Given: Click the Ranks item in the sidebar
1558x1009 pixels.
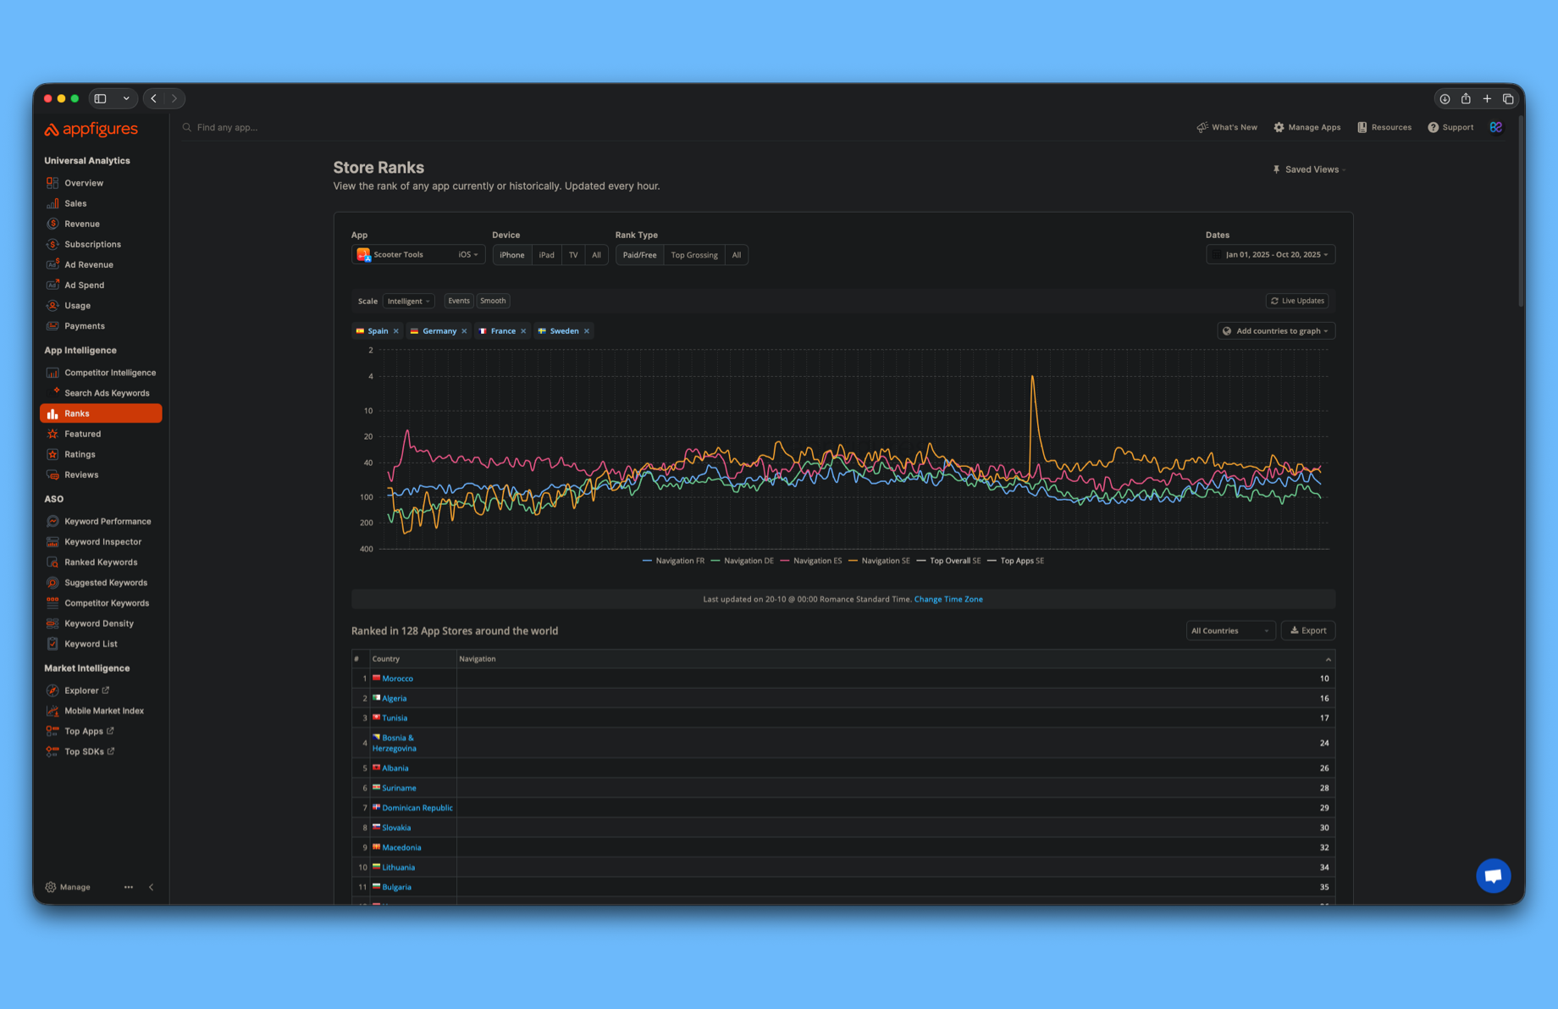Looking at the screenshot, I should (x=100, y=413).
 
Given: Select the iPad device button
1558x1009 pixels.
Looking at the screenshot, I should (x=546, y=255).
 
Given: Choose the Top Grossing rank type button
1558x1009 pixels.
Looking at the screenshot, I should (x=693, y=255).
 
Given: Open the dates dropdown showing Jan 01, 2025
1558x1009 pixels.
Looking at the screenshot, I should (x=1270, y=255).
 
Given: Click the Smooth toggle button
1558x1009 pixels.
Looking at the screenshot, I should (x=493, y=301).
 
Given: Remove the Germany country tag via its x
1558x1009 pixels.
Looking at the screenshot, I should (x=464, y=331).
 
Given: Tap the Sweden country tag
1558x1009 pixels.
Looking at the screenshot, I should (x=563, y=331).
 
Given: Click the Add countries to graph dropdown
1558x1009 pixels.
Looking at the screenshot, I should (x=1276, y=331).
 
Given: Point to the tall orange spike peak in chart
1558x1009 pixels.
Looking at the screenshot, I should (x=1032, y=377).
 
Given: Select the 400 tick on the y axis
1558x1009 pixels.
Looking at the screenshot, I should (x=366, y=549).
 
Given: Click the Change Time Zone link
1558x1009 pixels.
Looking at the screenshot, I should (x=948, y=599).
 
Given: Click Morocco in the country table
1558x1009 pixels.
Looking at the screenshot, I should (x=397, y=679).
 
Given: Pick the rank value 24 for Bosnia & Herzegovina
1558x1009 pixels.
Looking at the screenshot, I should (x=1323, y=743).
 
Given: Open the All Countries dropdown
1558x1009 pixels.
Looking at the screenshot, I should (x=1229, y=630).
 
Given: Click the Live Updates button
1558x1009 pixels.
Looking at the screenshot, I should (x=1296, y=301).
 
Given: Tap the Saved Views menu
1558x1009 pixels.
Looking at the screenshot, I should (x=1309, y=169).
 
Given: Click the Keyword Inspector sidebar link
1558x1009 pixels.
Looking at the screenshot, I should (x=102, y=542).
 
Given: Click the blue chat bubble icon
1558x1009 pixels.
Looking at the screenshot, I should (x=1493, y=875).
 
